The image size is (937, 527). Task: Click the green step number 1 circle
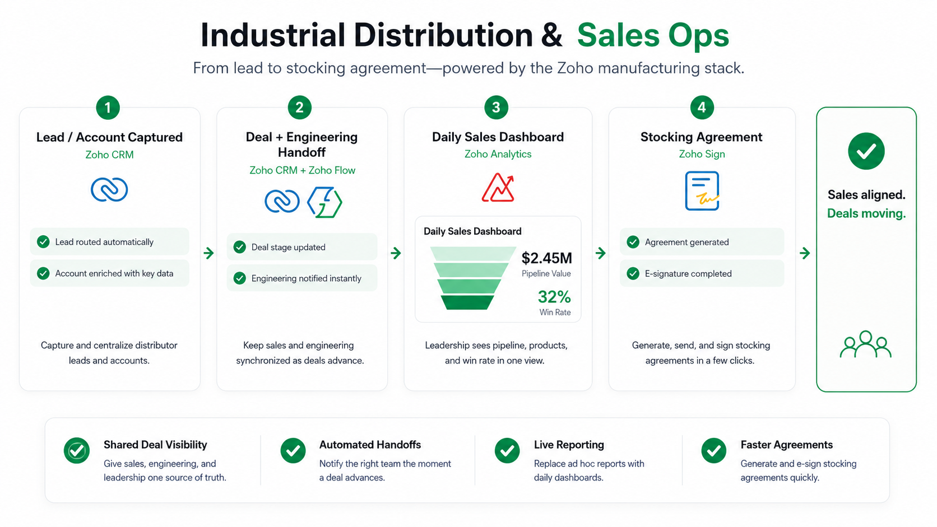[108, 108]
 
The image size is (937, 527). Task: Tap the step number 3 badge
[496, 108]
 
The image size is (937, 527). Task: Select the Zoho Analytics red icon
[498, 187]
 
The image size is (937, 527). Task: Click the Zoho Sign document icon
[702, 190]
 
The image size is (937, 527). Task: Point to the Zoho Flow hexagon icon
[324, 202]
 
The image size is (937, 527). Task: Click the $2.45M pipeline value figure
[546, 258]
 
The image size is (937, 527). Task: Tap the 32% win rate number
[554, 297]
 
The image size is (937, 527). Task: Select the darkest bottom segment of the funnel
[467, 302]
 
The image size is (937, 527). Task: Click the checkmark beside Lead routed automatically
[43, 241]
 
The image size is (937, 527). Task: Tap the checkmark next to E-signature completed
[633, 273]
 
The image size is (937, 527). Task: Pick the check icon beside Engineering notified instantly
[240, 278]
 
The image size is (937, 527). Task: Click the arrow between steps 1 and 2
[208, 253]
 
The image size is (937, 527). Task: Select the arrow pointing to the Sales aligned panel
[805, 253]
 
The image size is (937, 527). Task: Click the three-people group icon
[865, 345]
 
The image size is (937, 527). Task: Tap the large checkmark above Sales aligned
[866, 151]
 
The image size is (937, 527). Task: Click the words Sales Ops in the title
[653, 35]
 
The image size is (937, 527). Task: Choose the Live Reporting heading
[569, 445]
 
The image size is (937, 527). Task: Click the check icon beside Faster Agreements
[713, 450]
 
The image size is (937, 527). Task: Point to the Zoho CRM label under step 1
[110, 155]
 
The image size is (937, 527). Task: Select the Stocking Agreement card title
[702, 137]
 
